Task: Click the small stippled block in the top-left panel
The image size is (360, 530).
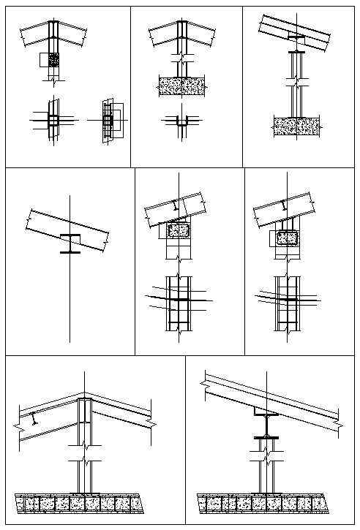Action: coord(53,59)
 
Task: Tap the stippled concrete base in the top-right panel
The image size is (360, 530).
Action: coord(296,126)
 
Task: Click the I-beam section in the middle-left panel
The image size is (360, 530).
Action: coord(70,243)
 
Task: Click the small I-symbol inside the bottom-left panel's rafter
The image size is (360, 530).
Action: coord(34,418)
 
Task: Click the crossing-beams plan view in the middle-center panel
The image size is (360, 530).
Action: coord(178,300)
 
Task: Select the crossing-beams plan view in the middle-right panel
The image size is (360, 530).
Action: coord(287,298)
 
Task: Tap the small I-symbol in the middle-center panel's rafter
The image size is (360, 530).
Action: coord(173,207)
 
